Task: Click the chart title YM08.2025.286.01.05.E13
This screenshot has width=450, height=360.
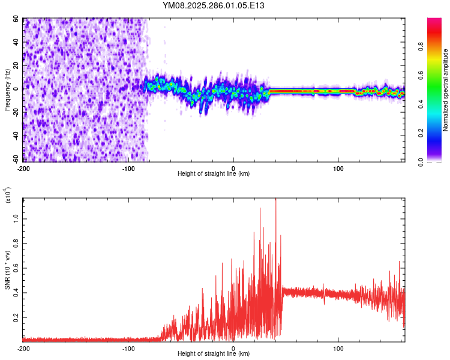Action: (x=214, y=5)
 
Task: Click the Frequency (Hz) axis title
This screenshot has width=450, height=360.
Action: (x=7, y=90)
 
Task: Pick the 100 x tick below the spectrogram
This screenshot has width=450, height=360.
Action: (x=338, y=168)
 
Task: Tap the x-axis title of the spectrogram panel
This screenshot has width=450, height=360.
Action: (x=214, y=174)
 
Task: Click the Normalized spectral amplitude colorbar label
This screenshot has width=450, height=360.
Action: (x=445, y=90)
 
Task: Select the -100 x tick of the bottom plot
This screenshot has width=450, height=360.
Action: (x=128, y=348)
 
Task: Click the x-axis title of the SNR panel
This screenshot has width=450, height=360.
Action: (x=214, y=354)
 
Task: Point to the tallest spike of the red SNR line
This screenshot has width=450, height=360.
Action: (x=275, y=200)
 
